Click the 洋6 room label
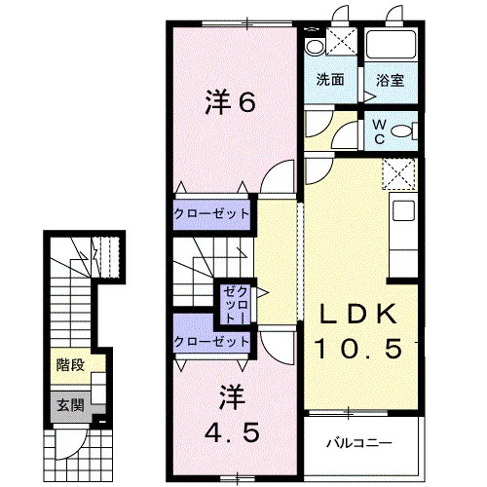230,101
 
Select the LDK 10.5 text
358,330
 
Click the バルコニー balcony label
359,442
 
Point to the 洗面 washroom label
330,80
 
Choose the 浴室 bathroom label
390,80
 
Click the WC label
379,131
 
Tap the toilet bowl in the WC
401,131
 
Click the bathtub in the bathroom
392,45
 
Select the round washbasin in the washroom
315,47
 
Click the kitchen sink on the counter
403,210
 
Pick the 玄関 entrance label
70,405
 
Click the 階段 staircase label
70,365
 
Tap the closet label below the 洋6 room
211,214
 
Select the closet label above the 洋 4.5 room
211,341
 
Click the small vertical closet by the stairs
236,305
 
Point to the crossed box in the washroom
341,41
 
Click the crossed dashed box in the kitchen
399,173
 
